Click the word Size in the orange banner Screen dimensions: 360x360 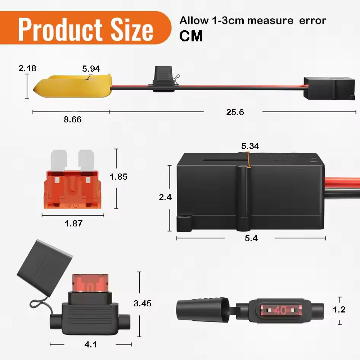coord(132,30)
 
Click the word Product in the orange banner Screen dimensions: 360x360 coord(60,30)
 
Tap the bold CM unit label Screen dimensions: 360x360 coord(191,36)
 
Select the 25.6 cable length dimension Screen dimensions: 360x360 coord(235,112)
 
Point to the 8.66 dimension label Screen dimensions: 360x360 coord(73,120)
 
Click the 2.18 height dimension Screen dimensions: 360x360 coord(27,68)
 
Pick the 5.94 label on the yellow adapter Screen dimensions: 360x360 coord(91,69)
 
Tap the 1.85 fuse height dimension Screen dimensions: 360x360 coord(118,176)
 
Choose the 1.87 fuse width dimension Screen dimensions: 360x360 coord(73,224)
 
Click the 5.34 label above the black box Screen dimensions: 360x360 coord(250,146)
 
